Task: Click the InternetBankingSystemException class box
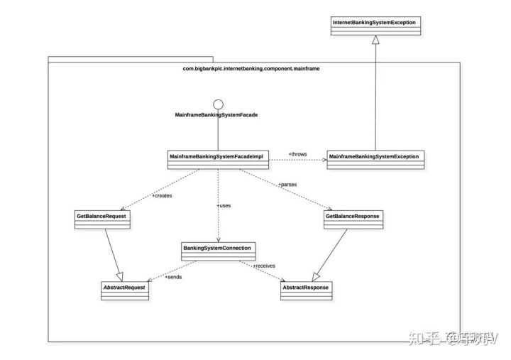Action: (375, 26)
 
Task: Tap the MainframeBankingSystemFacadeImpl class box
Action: (218, 158)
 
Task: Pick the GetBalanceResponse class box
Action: (353, 218)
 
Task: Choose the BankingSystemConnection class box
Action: (218, 251)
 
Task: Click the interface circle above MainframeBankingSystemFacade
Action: (218, 104)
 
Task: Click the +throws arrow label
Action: (297, 153)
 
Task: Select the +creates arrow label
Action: (162, 195)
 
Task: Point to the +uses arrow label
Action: (224, 205)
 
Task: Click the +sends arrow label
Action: (173, 276)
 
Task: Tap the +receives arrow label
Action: (265, 266)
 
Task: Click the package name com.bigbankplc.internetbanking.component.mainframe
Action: (254, 69)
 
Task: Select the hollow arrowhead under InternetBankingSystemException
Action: (375, 40)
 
